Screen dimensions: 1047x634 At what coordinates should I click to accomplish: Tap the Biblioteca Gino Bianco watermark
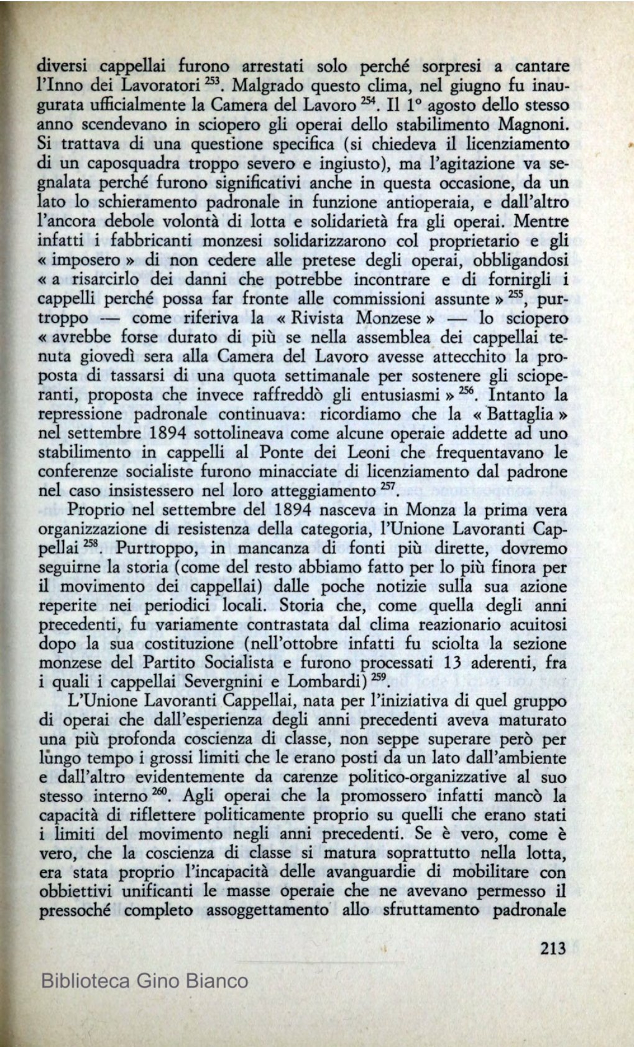click(x=144, y=981)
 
